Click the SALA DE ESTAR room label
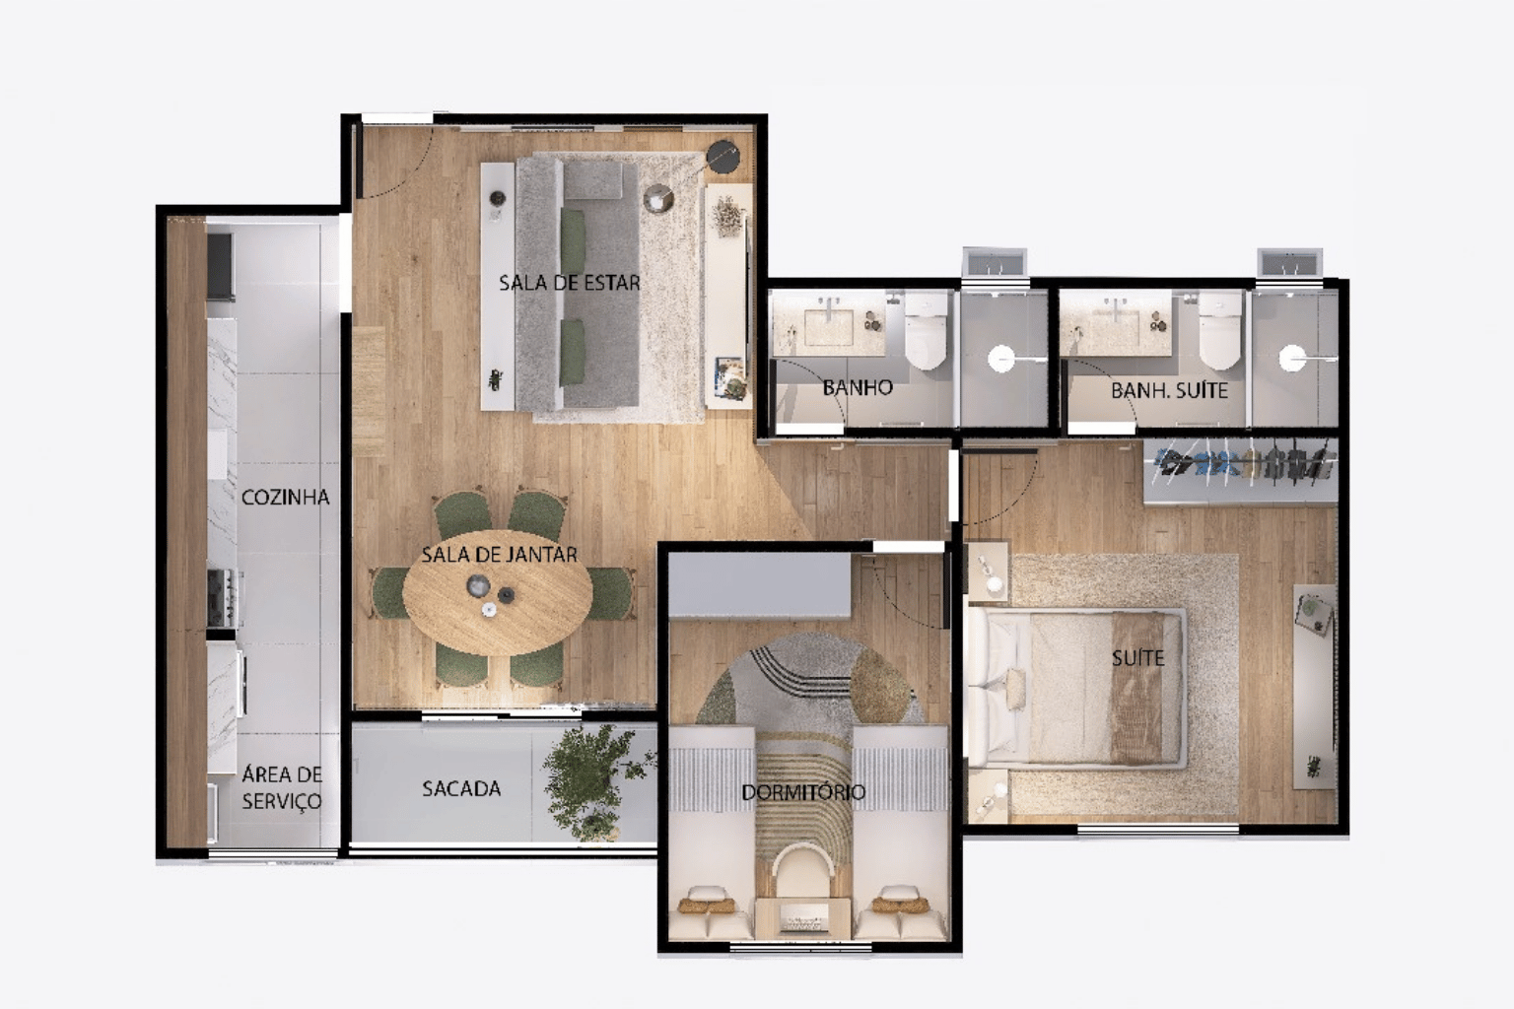coord(569,283)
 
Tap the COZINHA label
coord(285,498)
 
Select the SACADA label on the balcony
coord(461,788)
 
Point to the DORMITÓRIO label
coord(803,792)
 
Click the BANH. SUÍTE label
coord(1169,390)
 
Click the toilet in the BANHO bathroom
coord(926,330)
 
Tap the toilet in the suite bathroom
coord(1220,330)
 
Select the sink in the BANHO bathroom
coord(828,327)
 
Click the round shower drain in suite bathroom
coord(1291,359)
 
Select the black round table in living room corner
coord(723,157)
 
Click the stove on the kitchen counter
coord(221,598)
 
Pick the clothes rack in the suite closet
coord(1241,463)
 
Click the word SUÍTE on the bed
coord(1138,657)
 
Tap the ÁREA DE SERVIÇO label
coord(282,787)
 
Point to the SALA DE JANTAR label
coord(499,555)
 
